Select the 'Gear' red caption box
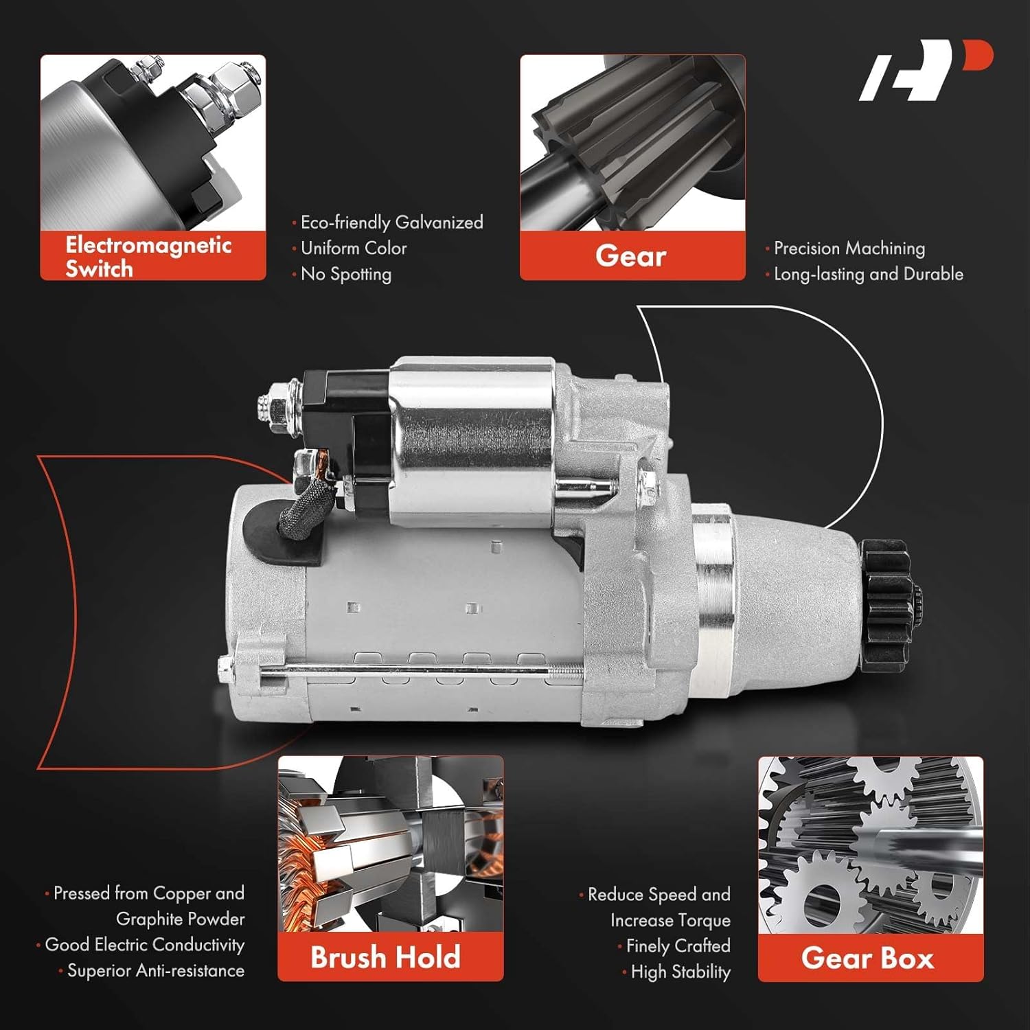point(632,256)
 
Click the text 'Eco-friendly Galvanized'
point(391,222)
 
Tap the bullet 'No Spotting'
point(345,274)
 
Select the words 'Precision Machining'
point(849,248)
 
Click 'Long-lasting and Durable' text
point(868,274)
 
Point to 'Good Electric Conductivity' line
point(144,945)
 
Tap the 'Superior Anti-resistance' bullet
point(155,971)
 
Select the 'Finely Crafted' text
point(678,946)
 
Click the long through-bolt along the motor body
point(412,669)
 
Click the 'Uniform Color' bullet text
point(353,248)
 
